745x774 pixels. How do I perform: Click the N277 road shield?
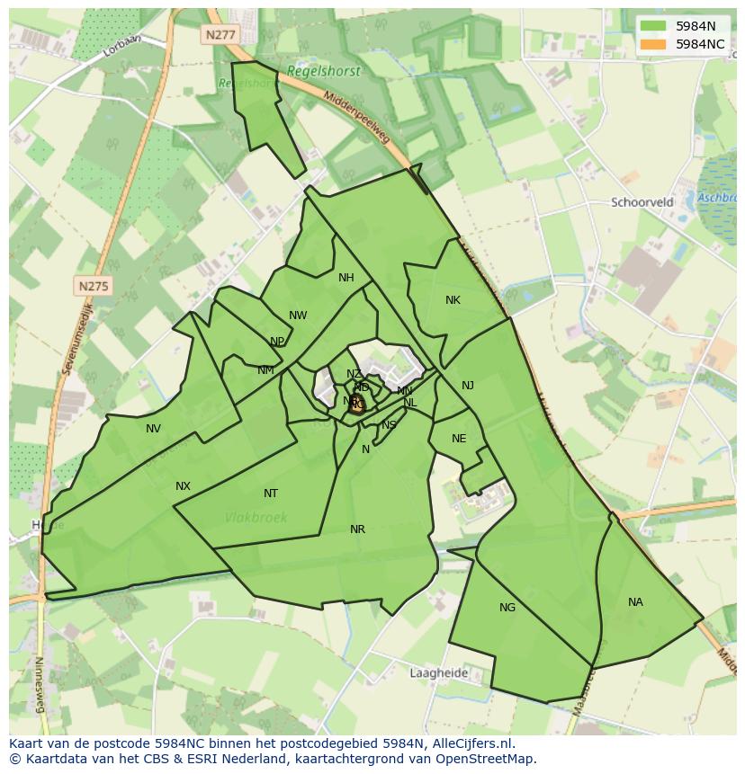point(220,34)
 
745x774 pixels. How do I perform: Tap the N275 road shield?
point(94,286)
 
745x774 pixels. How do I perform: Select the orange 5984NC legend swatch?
point(654,44)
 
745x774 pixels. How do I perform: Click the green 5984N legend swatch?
point(654,27)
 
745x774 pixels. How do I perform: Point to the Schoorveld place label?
point(642,202)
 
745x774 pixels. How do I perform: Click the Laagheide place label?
point(438,672)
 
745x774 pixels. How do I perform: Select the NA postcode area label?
point(635,602)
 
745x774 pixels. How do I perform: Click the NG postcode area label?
point(507,608)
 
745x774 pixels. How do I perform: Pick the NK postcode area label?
point(453,300)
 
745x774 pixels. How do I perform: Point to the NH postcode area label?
point(346,278)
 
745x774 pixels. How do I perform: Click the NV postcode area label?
point(153,429)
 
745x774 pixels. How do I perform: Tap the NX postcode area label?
point(183,486)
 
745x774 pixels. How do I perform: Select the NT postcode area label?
point(271,494)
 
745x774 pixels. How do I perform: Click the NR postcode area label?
point(357,529)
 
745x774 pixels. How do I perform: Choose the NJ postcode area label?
point(468,386)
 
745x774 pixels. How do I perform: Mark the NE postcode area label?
point(459,439)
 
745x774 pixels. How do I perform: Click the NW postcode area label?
point(298,316)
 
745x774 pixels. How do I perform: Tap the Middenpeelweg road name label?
point(356,117)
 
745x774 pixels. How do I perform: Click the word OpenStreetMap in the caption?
point(484,759)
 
